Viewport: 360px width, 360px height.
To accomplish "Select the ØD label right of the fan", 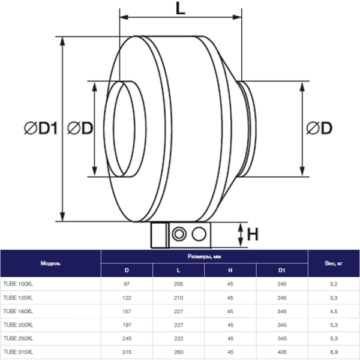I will pyautogui.click(x=319, y=128).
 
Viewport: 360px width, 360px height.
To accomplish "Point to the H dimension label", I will pyautogui.click(x=253, y=234).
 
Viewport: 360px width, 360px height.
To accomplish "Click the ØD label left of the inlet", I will pyautogui.click(x=80, y=128).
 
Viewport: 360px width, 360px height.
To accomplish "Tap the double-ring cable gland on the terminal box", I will pyautogui.click(x=179, y=233).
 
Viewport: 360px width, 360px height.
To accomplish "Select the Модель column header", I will pyautogui.click(x=50, y=263).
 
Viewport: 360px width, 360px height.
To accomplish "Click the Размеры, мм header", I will pyautogui.click(x=205, y=256).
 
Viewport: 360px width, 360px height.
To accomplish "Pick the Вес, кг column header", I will pyautogui.click(x=333, y=263).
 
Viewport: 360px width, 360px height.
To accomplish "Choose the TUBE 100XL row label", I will pyautogui.click(x=19, y=283).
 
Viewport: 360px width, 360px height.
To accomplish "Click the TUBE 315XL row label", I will pyautogui.click(x=19, y=352).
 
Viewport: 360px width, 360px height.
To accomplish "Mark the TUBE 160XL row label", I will pyautogui.click(x=19, y=311).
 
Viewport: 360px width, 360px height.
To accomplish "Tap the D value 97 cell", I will pyautogui.click(x=127, y=283).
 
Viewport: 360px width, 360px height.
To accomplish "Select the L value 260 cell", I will pyautogui.click(x=178, y=352).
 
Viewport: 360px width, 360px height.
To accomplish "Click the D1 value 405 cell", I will pyautogui.click(x=282, y=352).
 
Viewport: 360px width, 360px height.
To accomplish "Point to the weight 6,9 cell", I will pyautogui.click(x=333, y=352).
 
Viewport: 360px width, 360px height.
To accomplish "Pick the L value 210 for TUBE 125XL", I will pyautogui.click(x=178, y=297).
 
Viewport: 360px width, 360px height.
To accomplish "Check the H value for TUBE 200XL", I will pyautogui.click(x=230, y=325).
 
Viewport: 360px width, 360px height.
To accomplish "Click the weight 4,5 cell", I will pyautogui.click(x=333, y=311).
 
